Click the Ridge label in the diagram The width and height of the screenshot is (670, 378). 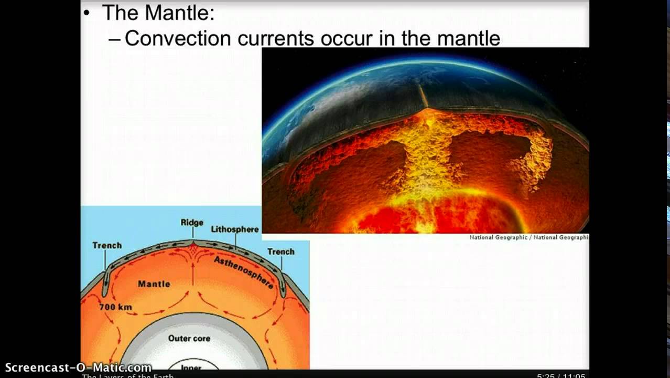[x=192, y=223]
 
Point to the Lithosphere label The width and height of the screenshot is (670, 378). [x=234, y=229]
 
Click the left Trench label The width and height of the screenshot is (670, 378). [x=107, y=245]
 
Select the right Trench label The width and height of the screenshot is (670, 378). [x=280, y=251]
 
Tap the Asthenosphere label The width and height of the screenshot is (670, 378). [x=243, y=271]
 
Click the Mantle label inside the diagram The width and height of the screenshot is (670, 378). [x=154, y=283]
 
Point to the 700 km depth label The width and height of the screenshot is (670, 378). [x=115, y=307]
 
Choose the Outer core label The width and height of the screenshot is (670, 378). [x=189, y=338]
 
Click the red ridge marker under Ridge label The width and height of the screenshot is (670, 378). [x=193, y=245]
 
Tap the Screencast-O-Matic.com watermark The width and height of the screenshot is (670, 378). [x=78, y=367]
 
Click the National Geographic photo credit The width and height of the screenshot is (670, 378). [x=528, y=237]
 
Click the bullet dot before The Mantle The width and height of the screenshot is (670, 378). [x=87, y=13]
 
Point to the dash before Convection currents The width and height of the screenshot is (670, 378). [x=115, y=39]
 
